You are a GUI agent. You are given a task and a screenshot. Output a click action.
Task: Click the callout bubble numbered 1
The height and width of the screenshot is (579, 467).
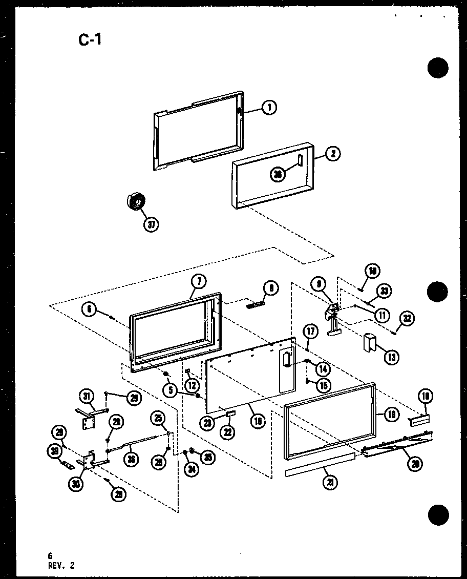point(268,108)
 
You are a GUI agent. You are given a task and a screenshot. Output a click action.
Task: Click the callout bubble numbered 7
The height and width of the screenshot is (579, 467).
point(198,281)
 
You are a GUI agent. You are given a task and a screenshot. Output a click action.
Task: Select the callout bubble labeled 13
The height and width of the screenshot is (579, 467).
point(392,357)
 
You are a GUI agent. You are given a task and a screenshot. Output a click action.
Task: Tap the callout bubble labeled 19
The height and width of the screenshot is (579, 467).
point(392,415)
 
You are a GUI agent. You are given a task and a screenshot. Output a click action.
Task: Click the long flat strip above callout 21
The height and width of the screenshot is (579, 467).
point(320,464)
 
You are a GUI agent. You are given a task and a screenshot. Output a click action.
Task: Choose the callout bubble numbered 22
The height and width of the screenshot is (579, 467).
point(227,431)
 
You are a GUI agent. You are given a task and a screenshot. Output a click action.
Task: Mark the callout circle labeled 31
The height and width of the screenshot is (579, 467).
point(88,397)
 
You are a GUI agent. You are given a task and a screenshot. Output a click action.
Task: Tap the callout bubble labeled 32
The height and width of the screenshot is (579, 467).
point(407,318)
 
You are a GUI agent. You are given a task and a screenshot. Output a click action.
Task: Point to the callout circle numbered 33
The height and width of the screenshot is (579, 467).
point(384,292)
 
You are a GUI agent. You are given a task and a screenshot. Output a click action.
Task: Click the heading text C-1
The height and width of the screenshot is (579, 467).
point(90,39)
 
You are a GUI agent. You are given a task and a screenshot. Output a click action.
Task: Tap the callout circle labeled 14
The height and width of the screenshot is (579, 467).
point(323,368)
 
